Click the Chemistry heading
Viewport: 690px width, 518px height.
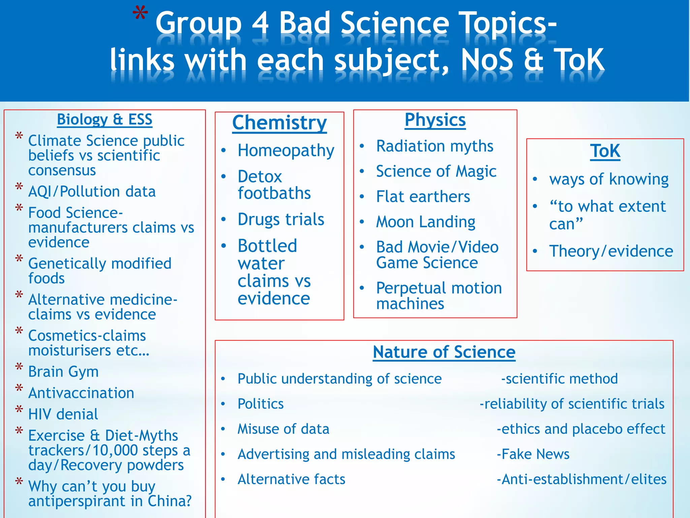pos(279,122)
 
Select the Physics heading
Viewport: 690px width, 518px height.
pos(435,120)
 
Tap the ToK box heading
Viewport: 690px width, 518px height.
pos(605,151)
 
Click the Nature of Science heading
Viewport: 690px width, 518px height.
pos(444,352)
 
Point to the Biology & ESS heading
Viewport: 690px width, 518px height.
pos(104,119)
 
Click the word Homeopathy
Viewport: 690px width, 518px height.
pos(286,150)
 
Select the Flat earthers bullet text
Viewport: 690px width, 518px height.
pos(423,197)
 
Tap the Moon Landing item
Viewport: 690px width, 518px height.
pos(426,222)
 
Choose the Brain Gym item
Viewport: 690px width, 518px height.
pos(63,372)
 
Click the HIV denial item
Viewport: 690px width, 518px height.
pos(63,414)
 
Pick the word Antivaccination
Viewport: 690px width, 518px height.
pos(81,393)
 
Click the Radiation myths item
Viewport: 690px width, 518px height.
pos(435,146)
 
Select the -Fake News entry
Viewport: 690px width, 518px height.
pos(533,454)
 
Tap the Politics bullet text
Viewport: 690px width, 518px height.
pos(260,404)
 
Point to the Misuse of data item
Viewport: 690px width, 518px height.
pos(283,429)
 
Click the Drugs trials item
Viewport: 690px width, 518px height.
pos(281,220)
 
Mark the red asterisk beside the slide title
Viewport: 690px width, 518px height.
pos(140,15)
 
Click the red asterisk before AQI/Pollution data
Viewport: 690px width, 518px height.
pos(19,187)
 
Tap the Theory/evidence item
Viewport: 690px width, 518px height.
pos(611,251)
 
